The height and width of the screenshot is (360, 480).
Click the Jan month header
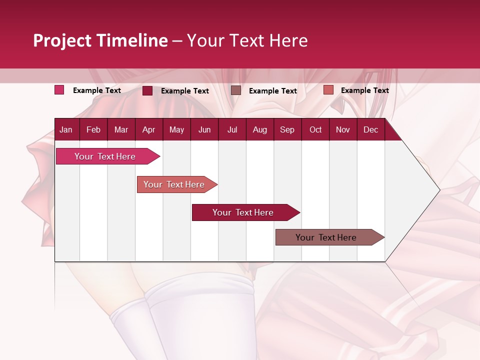(x=66, y=129)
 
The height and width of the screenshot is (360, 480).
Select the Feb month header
(x=93, y=129)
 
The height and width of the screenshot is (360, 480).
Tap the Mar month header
(x=121, y=129)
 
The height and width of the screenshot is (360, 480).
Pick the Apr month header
(x=148, y=129)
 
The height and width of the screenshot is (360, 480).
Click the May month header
(x=176, y=129)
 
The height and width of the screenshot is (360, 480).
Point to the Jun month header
(x=204, y=129)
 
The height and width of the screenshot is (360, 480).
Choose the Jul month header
(x=232, y=129)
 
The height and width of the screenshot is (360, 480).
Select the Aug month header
(x=259, y=129)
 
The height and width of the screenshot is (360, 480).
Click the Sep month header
(x=287, y=129)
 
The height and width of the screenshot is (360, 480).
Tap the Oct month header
(x=315, y=129)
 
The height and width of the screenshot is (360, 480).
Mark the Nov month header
(x=343, y=129)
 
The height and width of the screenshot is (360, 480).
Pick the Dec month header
(x=370, y=129)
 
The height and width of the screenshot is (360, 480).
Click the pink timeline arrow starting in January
(x=105, y=156)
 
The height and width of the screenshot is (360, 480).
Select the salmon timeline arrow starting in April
(x=174, y=184)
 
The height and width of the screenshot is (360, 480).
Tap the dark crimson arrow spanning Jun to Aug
(x=243, y=212)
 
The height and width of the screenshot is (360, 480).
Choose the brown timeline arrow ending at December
(x=326, y=237)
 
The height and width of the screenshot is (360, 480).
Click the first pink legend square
(x=59, y=90)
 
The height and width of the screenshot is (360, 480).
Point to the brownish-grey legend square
(x=236, y=90)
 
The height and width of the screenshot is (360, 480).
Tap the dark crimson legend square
(x=147, y=90)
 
